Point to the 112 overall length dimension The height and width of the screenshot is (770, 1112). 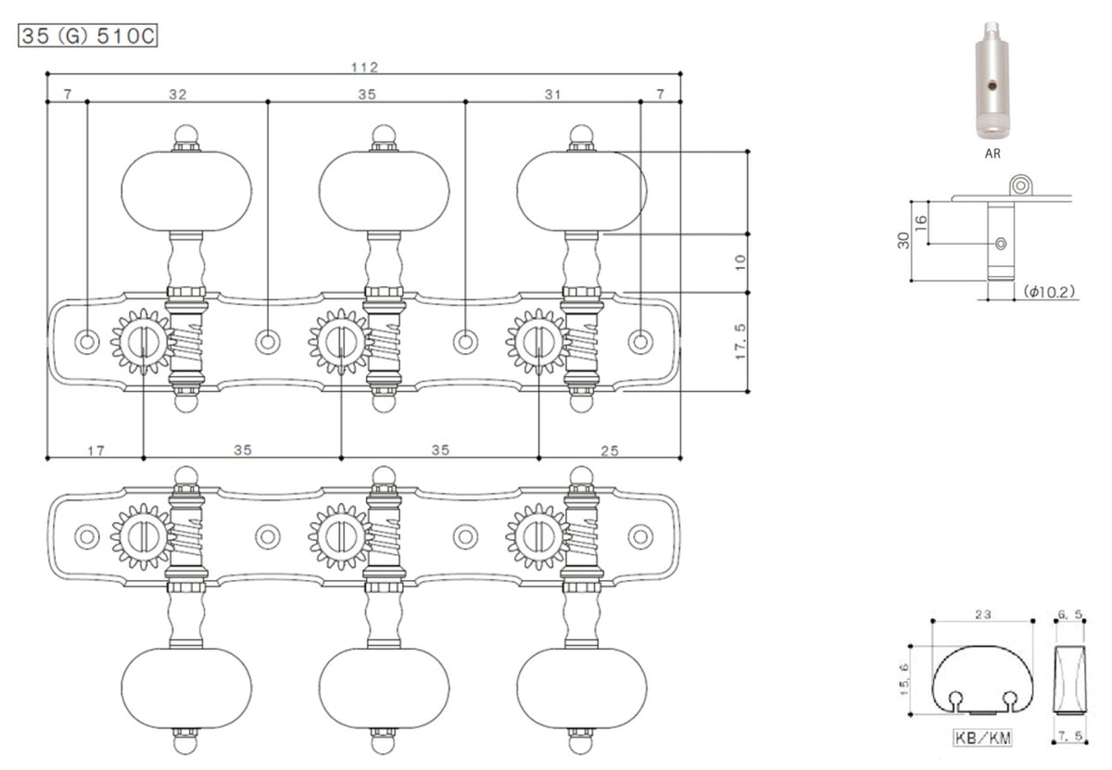365,67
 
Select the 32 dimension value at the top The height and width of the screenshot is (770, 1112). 177,95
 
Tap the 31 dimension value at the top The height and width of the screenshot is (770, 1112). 553,95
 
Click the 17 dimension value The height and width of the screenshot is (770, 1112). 95,450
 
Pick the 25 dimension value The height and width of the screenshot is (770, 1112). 609,450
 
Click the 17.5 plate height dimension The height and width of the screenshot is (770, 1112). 739,343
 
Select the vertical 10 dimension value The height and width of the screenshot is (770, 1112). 739,263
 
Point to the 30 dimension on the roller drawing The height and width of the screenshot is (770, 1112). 903,240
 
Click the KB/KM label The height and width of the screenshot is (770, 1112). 980,738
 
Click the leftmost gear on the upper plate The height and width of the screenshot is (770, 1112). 143,342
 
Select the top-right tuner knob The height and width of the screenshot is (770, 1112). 581,190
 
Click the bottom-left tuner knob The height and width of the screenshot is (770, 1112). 186,688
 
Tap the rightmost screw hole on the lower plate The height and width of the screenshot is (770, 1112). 640,536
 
